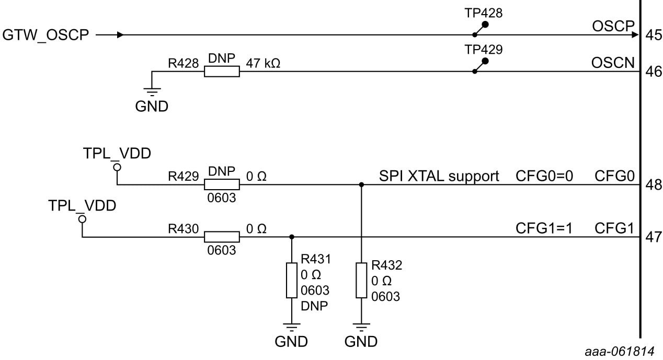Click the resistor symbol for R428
(222, 72)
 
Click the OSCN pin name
(613, 63)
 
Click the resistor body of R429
(222, 185)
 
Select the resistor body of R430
(222, 237)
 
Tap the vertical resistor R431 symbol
(291, 281)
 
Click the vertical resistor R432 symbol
(361, 281)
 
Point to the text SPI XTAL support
(439, 177)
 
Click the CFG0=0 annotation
(544, 177)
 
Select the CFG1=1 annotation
(544, 228)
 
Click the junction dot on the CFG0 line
(361, 185)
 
